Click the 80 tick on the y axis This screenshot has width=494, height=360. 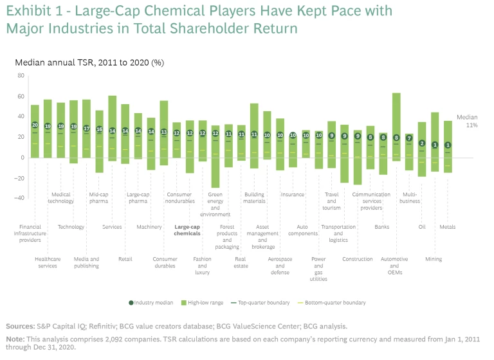[x=21, y=76]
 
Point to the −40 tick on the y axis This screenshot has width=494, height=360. [x=19, y=198]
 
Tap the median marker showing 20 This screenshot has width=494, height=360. [x=35, y=125]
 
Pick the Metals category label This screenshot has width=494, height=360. [x=448, y=226]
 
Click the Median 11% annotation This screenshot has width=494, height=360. [x=466, y=122]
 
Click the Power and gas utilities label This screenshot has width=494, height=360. [x=318, y=269]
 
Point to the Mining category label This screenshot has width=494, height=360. [x=434, y=259]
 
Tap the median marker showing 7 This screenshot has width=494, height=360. [x=409, y=138]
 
